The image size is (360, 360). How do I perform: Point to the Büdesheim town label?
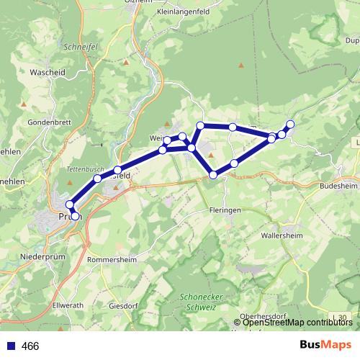click(335, 185)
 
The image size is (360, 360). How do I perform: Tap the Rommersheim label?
click(112, 259)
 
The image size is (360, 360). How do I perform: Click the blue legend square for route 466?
click(10, 346)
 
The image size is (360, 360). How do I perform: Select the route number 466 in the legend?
click(30, 346)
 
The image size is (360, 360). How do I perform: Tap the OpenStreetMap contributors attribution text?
click(297, 322)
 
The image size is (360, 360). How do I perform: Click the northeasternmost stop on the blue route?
click(290, 124)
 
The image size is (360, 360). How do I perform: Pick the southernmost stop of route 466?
click(75, 216)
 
